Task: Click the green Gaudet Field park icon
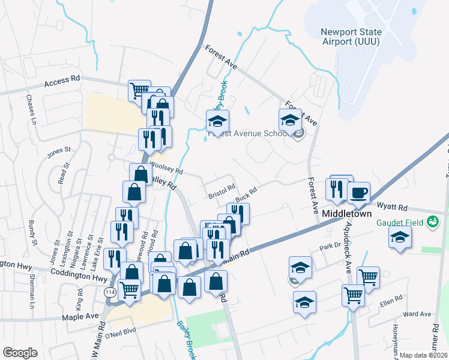(x=432, y=223)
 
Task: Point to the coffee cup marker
(x=358, y=193)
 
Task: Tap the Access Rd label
(x=62, y=80)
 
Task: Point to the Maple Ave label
(x=83, y=316)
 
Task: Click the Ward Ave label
(x=417, y=314)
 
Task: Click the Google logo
(x=20, y=353)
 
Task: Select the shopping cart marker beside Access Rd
(x=139, y=91)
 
